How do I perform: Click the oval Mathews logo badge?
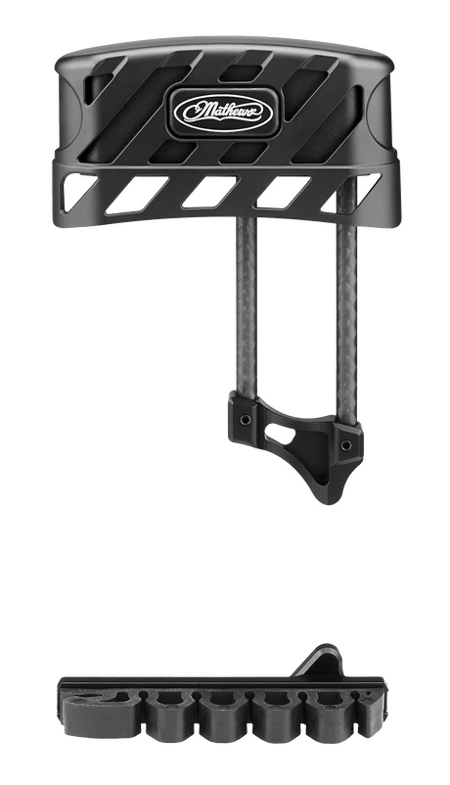pyautogui.click(x=223, y=112)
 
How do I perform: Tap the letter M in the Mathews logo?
pyautogui.click(x=195, y=112)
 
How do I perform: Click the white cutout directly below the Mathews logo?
pyautogui.click(x=209, y=191)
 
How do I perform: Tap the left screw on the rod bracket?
pyautogui.click(x=246, y=419)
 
